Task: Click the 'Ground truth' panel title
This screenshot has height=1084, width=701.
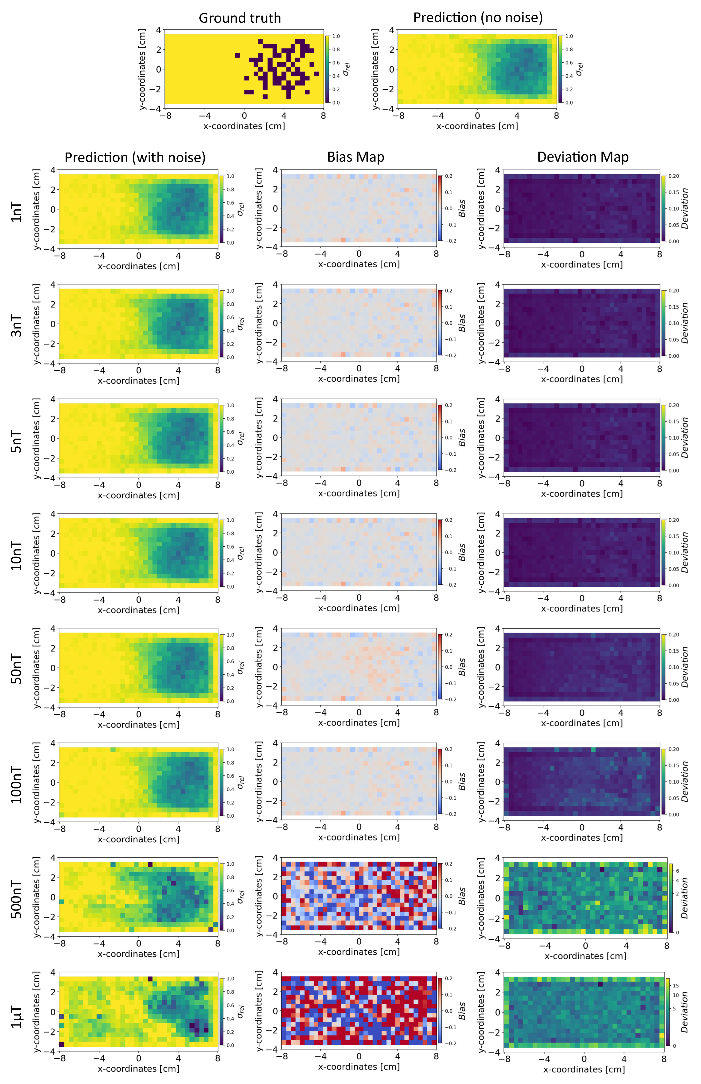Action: [240, 18]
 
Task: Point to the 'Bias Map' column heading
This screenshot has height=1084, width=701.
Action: [356, 157]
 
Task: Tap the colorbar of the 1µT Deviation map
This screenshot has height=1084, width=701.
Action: [668, 1013]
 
